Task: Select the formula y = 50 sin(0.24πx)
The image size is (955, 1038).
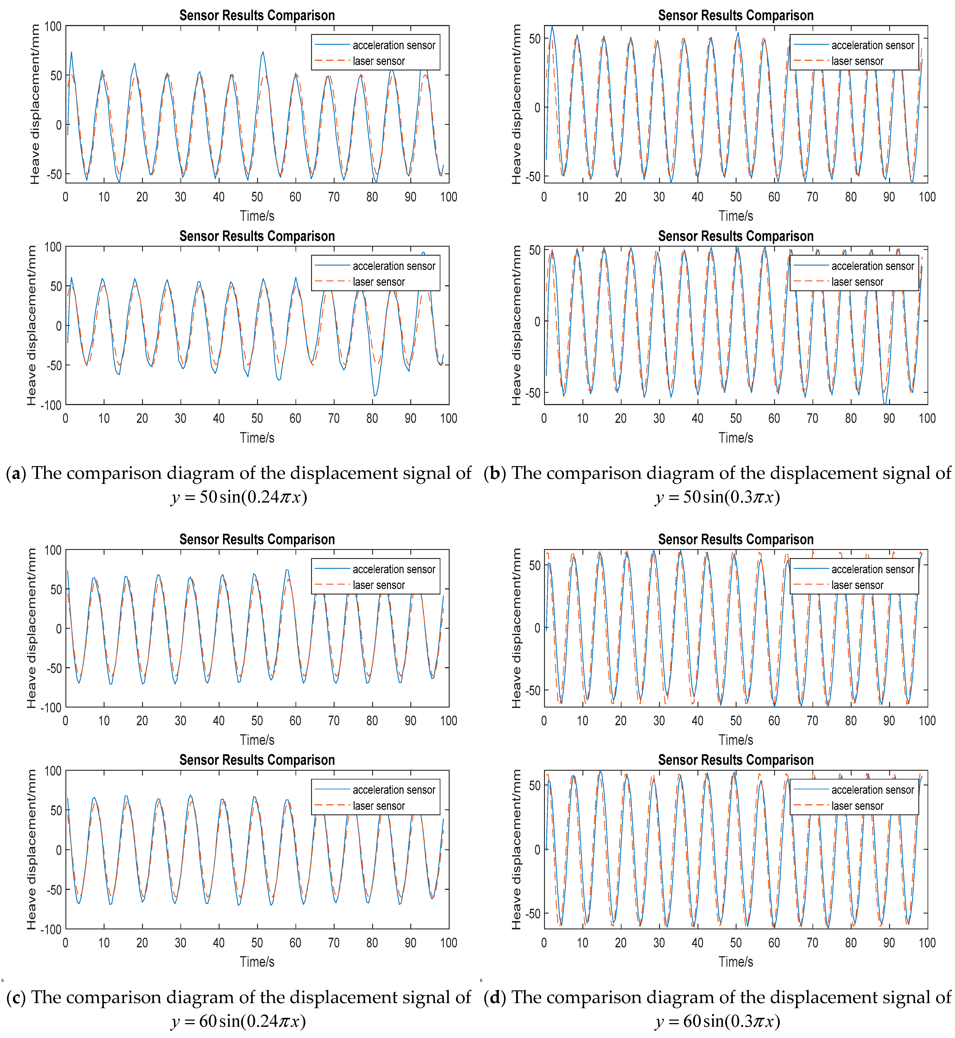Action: (239, 497)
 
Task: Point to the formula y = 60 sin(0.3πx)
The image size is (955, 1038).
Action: (717, 1021)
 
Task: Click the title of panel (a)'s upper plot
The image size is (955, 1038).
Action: (257, 16)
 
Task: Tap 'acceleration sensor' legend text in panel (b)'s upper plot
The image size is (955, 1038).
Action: (872, 45)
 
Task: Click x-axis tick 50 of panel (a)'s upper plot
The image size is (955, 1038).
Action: (257, 197)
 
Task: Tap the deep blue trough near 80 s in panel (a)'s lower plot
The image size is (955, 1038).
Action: (374, 395)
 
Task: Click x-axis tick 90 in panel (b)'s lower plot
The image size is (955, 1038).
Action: (889, 418)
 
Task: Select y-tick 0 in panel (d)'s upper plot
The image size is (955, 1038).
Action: (537, 628)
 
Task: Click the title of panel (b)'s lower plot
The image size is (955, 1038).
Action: (735, 236)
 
